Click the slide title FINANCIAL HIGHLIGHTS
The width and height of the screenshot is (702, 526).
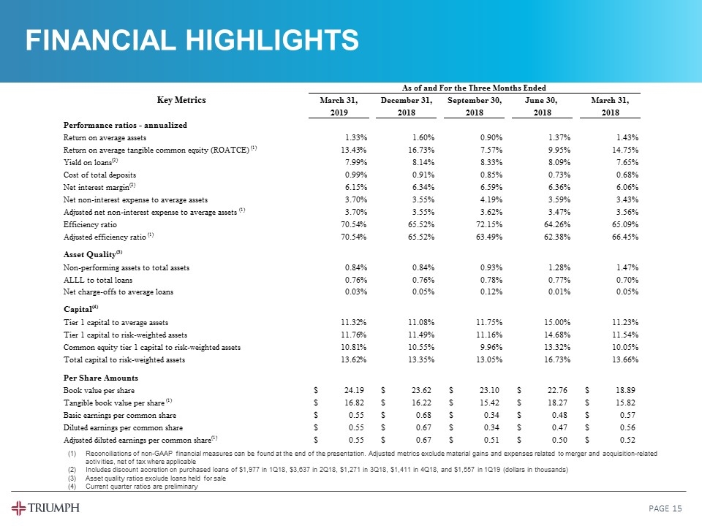coord(192,40)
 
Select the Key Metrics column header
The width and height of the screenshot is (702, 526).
coord(181,100)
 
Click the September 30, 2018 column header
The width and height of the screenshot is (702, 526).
coord(475,107)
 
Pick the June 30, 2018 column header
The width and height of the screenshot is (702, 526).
coord(541,107)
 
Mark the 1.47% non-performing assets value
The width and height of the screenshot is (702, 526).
coord(625,268)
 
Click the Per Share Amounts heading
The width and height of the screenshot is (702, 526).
coord(100,378)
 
